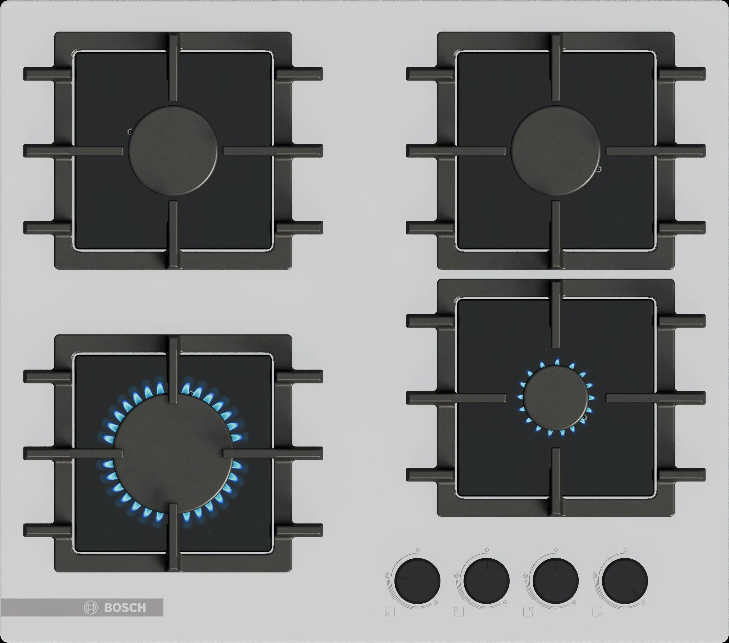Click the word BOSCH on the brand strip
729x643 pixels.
pos(125,608)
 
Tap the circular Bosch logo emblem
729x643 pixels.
pos(91,608)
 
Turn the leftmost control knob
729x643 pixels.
pos(417,581)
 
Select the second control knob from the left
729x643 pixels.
pos(487,581)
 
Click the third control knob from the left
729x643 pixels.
pos(556,581)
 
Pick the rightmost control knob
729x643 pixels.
pos(625,581)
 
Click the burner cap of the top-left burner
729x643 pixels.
pos(173,150)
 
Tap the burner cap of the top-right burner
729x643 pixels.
pos(555,150)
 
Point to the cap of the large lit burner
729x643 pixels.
pos(173,453)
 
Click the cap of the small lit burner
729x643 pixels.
pos(555,398)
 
